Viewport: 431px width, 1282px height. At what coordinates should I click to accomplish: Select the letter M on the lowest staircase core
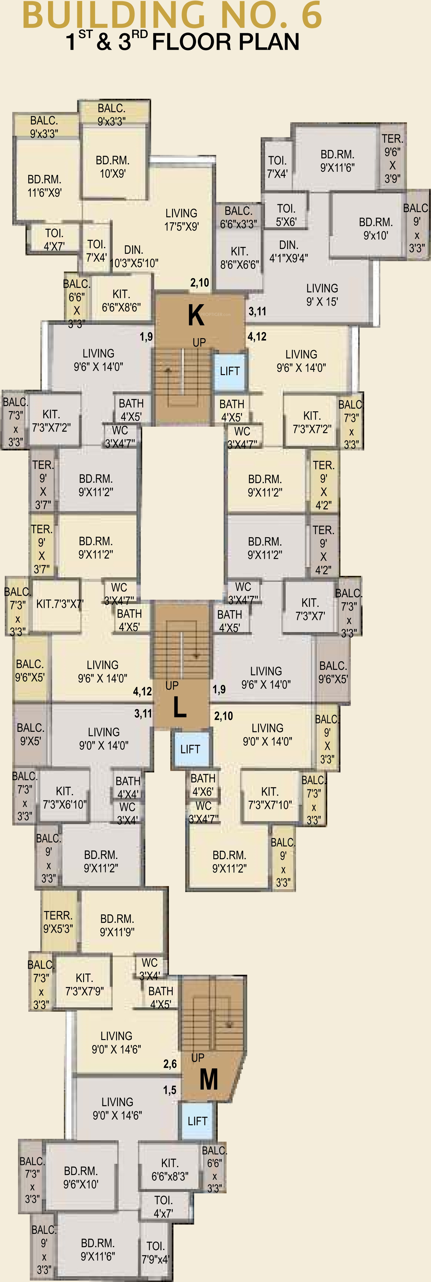(x=208, y=1079)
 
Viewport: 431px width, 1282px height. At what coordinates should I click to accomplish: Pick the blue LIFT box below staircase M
(x=197, y=1121)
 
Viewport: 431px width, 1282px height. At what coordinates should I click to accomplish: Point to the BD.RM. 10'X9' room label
(x=112, y=167)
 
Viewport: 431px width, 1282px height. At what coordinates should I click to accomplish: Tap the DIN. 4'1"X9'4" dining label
(x=289, y=251)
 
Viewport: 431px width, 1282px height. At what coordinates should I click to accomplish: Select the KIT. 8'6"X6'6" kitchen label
(x=240, y=258)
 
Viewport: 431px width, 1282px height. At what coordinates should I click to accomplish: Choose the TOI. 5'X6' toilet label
(x=286, y=215)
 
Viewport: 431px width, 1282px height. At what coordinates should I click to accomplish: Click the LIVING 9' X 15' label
(x=322, y=295)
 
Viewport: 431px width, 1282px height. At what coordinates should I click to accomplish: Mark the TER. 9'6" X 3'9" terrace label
(x=392, y=158)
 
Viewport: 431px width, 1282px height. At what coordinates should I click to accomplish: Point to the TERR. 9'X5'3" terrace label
(x=58, y=922)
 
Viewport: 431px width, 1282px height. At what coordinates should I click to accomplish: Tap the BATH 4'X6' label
(x=203, y=784)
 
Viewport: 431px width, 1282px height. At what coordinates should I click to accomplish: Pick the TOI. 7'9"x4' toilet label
(x=155, y=1252)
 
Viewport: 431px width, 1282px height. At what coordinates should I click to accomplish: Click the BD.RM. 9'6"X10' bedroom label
(x=81, y=1178)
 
